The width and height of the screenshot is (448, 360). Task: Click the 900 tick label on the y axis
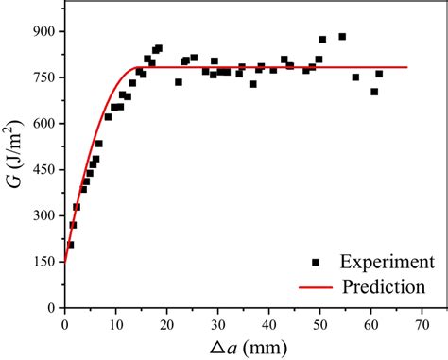pyautogui.click(x=43, y=31)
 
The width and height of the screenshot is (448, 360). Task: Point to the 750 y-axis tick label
pyautogui.click(x=43, y=77)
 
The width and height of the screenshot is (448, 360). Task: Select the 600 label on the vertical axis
pyautogui.click(x=43, y=123)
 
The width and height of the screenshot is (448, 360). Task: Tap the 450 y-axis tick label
pyautogui.click(x=43, y=169)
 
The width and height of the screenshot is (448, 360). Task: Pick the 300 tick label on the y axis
pyautogui.click(x=43, y=215)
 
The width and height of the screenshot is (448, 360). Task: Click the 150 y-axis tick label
pyautogui.click(x=43, y=261)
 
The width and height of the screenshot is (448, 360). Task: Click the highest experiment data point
pyautogui.click(x=342, y=37)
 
